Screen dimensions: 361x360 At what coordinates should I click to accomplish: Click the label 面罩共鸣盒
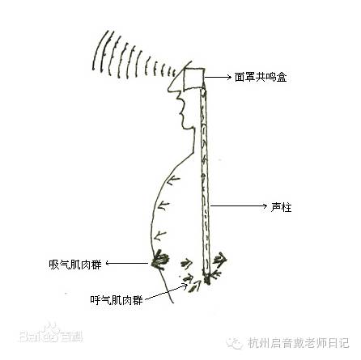pos(261,78)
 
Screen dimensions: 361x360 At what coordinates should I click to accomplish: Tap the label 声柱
pos(281,207)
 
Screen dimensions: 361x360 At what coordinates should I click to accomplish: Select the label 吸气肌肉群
pos(75,265)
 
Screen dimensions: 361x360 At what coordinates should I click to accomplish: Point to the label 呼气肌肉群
pos(117,300)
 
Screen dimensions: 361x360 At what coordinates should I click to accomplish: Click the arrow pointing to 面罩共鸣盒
pos(218,78)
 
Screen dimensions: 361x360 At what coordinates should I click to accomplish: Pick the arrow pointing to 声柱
pos(239,206)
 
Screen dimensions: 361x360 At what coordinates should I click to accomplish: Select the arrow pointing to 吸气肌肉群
pos(127,263)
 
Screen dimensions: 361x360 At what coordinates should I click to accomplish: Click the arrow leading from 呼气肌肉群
pos(166,293)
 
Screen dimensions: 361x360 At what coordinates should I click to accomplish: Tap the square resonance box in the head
pos(194,78)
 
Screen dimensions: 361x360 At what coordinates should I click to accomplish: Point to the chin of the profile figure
pos(186,127)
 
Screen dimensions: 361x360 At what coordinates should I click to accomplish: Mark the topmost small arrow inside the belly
pos(173,180)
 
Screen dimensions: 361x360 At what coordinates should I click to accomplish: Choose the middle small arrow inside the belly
pos(163,206)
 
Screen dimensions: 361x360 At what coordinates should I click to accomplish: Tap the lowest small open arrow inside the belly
pos(160,235)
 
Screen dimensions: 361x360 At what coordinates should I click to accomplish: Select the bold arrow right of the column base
pos(220,259)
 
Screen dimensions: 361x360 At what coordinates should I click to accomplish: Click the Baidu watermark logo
pos(51,333)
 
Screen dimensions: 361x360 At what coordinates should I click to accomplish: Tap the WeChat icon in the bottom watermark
pos(235,343)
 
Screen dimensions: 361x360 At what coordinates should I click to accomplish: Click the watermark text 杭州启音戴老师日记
pos(299,343)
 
